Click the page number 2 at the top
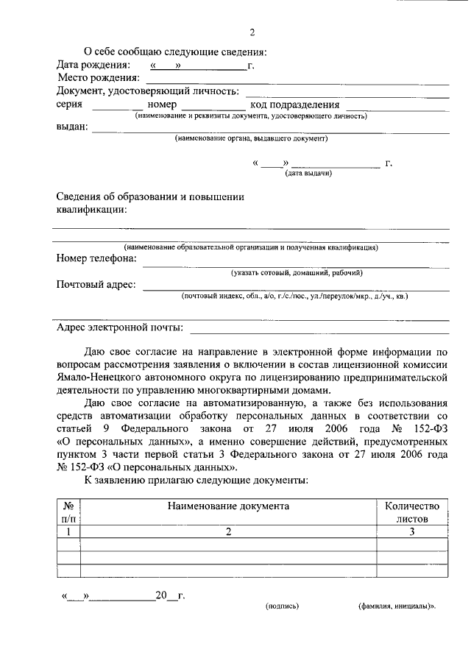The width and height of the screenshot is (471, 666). pyautogui.click(x=252, y=33)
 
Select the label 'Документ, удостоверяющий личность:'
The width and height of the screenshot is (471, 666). pyautogui.click(x=147, y=91)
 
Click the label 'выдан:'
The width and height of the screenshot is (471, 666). pyautogui.click(x=72, y=126)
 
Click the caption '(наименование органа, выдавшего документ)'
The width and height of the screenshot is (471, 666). pyautogui.click(x=251, y=138)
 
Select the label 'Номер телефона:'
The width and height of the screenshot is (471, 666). pyautogui.click(x=96, y=258)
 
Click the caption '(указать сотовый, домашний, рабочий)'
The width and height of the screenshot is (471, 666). pyautogui.click(x=296, y=272)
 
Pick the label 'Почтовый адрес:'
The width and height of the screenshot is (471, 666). pyautogui.click(x=96, y=285)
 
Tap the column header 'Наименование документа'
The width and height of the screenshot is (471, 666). pyautogui.click(x=228, y=506)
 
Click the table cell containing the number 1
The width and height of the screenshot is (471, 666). pyautogui.click(x=68, y=531)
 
